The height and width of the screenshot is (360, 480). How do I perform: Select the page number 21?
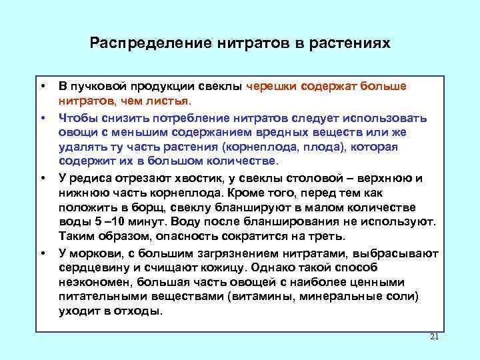(x=434, y=337)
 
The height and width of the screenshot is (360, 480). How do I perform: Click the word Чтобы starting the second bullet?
(x=79, y=117)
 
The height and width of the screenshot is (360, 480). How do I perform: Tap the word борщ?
(x=155, y=207)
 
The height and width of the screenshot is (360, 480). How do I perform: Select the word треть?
(x=324, y=237)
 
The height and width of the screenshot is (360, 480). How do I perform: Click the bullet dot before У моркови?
(x=42, y=253)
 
